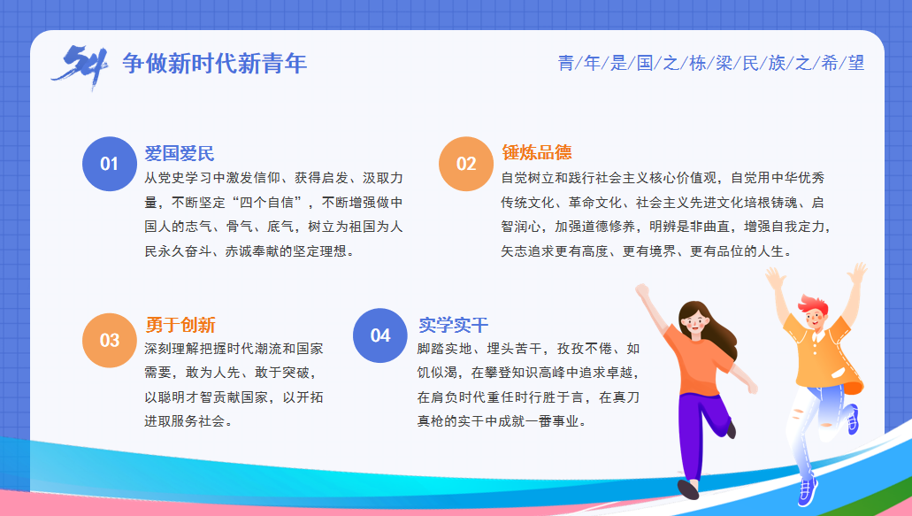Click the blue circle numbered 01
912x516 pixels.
(x=110, y=164)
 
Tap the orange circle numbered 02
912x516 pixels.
(x=466, y=164)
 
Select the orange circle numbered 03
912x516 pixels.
(x=110, y=340)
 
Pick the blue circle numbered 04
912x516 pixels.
(x=379, y=335)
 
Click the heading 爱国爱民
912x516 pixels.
(x=180, y=153)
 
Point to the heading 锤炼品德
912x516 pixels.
(x=536, y=152)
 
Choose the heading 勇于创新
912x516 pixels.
(x=180, y=325)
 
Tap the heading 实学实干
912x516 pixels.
(x=453, y=325)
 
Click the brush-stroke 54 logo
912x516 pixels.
(x=80, y=67)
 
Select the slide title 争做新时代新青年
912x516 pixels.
(x=215, y=64)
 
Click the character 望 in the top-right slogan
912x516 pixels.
(x=855, y=63)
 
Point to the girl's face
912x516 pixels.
(x=694, y=322)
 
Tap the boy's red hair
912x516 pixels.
(x=813, y=304)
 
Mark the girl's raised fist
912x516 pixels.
(x=641, y=289)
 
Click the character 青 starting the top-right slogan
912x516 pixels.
(x=566, y=63)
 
